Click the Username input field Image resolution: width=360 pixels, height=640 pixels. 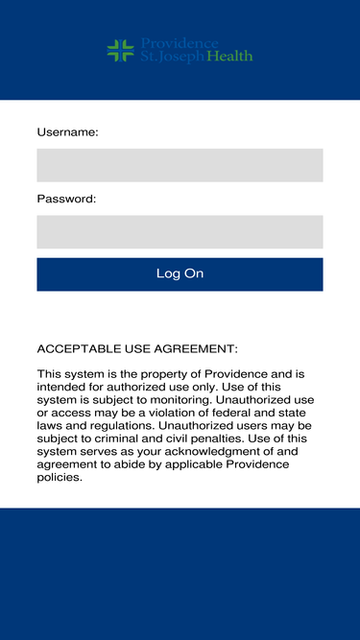click(180, 165)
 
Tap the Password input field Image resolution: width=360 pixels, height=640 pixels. click(180, 231)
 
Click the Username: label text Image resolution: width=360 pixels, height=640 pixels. click(67, 132)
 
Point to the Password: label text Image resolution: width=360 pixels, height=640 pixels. click(66, 199)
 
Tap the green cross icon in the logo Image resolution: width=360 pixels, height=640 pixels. click(120, 51)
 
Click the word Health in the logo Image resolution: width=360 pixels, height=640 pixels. click(229, 57)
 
